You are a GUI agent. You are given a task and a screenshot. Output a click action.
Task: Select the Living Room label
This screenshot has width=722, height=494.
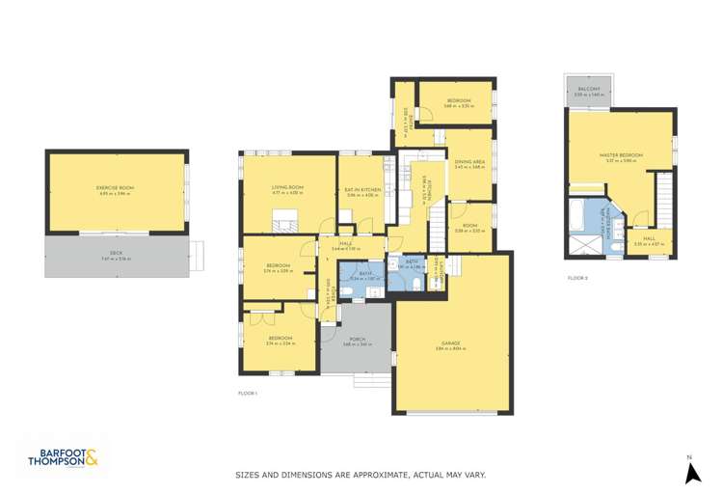(287, 187)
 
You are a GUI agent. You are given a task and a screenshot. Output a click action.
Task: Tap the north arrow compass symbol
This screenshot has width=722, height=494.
(691, 472)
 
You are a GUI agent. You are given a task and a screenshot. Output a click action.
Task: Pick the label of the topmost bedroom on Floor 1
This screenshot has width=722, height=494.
(458, 101)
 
